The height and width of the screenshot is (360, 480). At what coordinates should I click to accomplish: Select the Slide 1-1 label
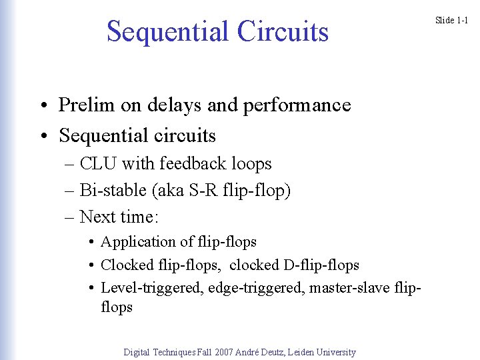[x=452, y=20]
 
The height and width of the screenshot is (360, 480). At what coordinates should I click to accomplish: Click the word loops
[x=249, y=163]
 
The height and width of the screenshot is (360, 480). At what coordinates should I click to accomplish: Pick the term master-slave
[x=355, y=287]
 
